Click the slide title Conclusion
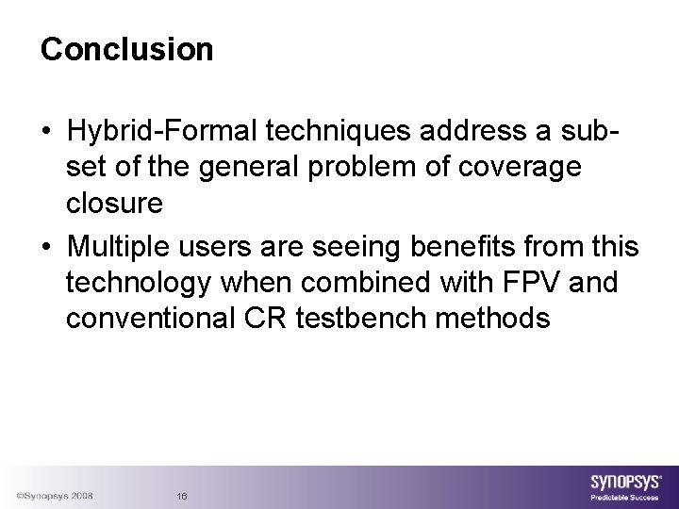tap(127, 49)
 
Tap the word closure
tap(114, 203)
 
